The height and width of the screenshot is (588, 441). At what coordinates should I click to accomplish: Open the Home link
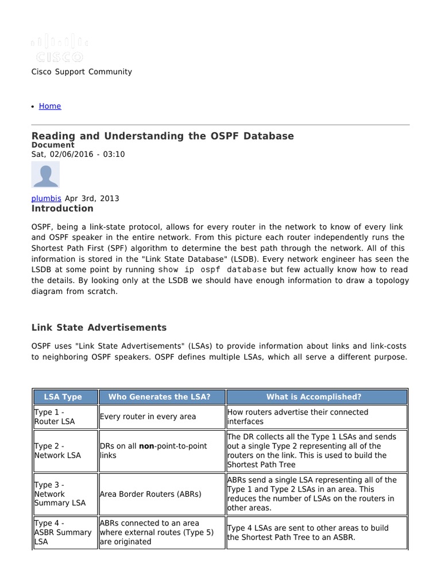pos(50,106)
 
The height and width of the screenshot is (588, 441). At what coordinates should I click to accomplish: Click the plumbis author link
pos(47,198)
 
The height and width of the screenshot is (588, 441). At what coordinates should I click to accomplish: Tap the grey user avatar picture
pos(45,175)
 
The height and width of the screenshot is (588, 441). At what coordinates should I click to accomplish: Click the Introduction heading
pos(62,208)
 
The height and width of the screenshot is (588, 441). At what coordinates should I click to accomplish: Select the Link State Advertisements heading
pos(99,327)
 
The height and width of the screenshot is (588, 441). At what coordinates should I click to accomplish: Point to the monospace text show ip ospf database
pos(213,270)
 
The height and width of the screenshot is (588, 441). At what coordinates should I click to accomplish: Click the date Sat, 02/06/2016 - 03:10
pos(78,154)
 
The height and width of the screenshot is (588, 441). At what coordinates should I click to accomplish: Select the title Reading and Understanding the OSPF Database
pos(163,136)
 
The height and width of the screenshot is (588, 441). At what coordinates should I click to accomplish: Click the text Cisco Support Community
pos(82,72)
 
